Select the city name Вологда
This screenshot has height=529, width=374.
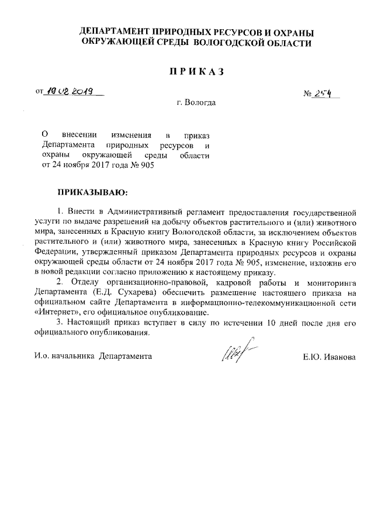pyautogui.click(x=200, y=103)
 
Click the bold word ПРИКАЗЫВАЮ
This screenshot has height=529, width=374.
pyautogui.click(x=92, y=191)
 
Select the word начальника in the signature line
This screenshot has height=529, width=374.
pyautogui.click(x=74, y=356)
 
